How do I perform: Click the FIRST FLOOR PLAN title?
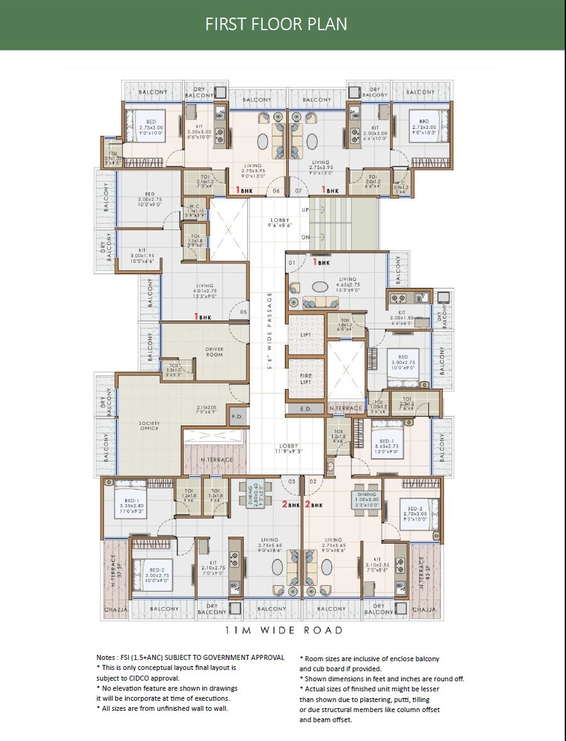276,24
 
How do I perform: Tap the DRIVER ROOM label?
214,352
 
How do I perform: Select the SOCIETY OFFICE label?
149,426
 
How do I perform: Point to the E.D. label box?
306,409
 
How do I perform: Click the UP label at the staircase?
306,209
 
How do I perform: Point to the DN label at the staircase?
306,238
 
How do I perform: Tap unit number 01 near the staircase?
292,262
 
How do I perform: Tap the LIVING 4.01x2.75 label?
204,288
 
